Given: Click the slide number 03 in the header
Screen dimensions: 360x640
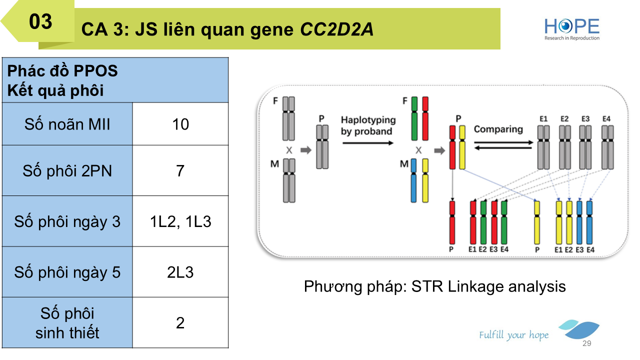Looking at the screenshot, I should point(41,22).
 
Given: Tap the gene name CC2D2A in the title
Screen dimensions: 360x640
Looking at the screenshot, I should point(336,30).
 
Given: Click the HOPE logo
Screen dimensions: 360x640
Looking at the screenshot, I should point(572,29).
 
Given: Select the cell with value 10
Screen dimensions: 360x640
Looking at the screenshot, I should point(180,124).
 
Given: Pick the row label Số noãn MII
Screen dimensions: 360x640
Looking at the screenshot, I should point(67,124).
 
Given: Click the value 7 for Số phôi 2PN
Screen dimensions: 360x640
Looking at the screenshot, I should point(180,171).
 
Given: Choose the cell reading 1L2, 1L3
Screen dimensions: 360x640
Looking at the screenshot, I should point(180,221).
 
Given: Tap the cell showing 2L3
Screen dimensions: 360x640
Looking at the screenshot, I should point(180,272).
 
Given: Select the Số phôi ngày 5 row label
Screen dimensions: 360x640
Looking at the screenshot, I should point(67,272).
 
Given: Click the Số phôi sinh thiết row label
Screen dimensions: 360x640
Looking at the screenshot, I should point(67,323).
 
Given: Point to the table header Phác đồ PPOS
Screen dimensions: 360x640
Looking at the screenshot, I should point(62,71).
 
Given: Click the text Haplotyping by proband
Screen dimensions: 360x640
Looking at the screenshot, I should point(368,125).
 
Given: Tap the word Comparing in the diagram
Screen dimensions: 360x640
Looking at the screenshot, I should point(498,129).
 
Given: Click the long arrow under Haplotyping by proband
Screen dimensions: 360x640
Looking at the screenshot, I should point(368,142).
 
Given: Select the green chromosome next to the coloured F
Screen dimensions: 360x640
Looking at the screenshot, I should point(414,118).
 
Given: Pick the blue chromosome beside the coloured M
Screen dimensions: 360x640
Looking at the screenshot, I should point(414,180).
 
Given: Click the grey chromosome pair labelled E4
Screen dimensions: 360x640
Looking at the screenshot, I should point(607,147).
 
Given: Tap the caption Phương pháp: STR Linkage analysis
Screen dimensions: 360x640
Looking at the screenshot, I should point(434,286).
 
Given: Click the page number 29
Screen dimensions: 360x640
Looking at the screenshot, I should point(587,343).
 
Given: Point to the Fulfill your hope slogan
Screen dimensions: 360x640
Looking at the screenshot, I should point(513,335).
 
